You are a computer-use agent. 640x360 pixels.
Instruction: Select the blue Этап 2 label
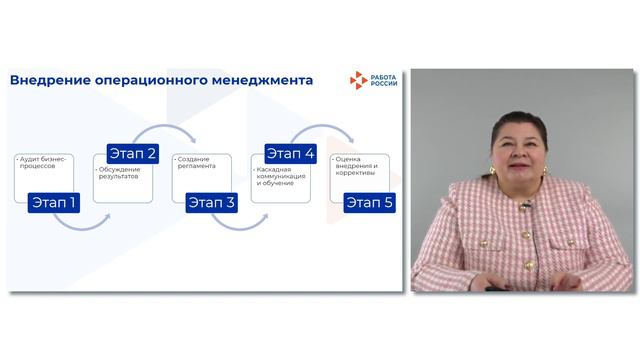pos(133,154)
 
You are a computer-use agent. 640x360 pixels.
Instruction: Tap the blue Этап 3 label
pos(211,203)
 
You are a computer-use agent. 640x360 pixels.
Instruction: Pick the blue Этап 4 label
pos(290,154)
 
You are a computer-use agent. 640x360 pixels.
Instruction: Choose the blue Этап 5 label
pos(369,203)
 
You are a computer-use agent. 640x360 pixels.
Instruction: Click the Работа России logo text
pos(380,81)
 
